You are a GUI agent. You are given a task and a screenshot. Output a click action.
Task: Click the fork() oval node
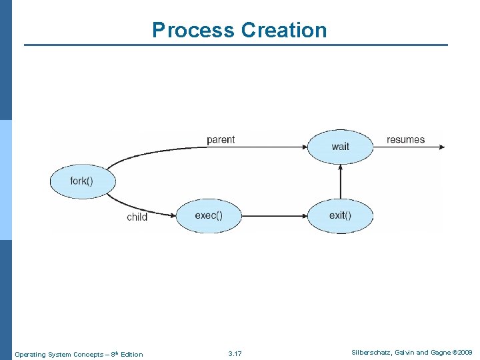point(83,181)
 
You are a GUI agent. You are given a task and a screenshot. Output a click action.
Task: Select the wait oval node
point(340,147)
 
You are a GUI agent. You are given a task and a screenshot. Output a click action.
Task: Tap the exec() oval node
point(209,215)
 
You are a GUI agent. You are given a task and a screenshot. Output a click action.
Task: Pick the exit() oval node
point(340,215)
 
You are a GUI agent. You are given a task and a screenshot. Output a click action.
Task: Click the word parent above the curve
point(221,139)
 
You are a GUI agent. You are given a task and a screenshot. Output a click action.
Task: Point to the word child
point(137,217)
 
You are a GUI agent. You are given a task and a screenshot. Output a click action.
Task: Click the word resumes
point(405,139)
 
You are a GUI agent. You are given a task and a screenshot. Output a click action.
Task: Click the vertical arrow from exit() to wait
point(340,181)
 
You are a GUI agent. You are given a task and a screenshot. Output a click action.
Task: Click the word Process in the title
point(193,30)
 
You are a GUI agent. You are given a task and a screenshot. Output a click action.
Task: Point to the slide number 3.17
point(235,353)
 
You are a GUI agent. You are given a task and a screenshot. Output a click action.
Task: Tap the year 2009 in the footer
point(465,352)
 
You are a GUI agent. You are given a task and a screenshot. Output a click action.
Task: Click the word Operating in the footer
point(29,354)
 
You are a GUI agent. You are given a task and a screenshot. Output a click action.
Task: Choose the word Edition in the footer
point(131,354)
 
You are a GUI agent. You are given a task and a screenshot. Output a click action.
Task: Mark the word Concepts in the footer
point(88,354)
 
